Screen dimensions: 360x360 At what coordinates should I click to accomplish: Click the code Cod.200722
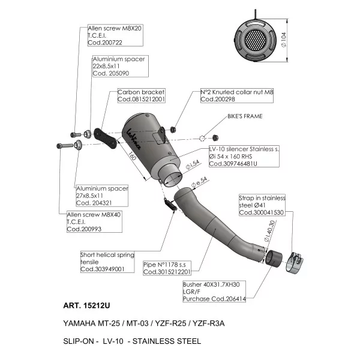(x=105, y=43)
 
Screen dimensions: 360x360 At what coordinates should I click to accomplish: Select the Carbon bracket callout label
(x=141, y=95)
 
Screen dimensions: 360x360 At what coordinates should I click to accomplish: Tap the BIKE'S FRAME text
(x=245, y=116)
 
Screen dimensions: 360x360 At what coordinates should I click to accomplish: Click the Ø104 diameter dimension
(x=284, y=40)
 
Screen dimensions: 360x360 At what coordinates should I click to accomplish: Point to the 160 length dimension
(x=132, y=155)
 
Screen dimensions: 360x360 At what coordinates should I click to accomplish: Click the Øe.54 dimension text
(x=199, y=182)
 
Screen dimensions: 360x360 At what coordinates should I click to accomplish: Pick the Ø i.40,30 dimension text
(x=269, y=231)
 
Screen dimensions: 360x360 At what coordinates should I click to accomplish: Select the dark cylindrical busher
(x=274, y=259)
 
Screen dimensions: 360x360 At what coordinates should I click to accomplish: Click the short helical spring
(x=170, y=204)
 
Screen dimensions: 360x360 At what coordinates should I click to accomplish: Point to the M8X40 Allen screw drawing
(x=65, y=146)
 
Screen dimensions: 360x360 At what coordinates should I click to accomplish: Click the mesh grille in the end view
(x=255, y=41)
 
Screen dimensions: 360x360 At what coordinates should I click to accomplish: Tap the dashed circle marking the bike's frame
(x=202, y=138)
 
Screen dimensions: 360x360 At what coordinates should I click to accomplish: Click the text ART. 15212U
(x=86, y=305)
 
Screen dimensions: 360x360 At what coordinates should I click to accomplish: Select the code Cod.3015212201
(x=167, y=272)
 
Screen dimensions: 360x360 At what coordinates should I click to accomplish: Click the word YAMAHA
(x=79, y=323)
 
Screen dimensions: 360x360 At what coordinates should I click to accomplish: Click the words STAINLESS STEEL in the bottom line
(x=167, y=341)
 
